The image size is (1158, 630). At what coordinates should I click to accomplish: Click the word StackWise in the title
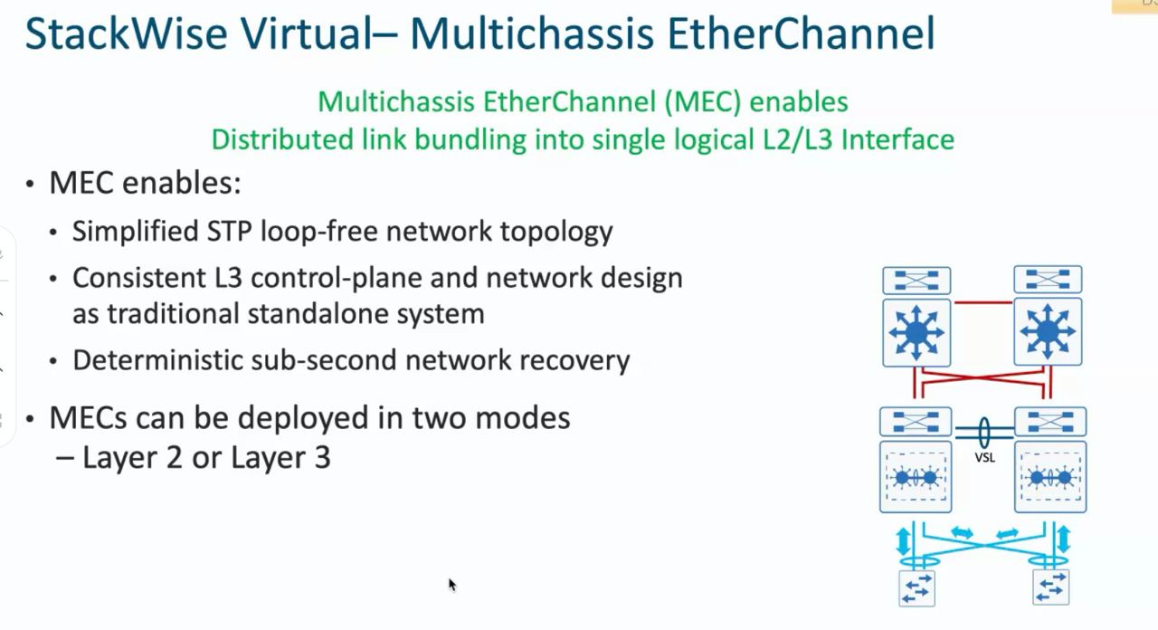pos(126,33)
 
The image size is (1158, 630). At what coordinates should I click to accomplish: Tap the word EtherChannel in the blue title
pos(801,33)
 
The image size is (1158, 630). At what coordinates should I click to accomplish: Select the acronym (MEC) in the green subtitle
pos(703,102)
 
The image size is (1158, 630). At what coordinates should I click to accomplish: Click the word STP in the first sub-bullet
pos(229,231)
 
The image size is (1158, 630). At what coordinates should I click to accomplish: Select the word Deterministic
pos(157,360)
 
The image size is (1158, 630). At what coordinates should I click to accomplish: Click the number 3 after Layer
pos(322,458)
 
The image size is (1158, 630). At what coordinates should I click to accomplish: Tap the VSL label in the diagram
pos(984,457)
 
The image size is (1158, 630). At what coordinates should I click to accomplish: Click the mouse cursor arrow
pos(452,585)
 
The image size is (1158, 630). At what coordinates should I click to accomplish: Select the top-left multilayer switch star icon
pos(916,332)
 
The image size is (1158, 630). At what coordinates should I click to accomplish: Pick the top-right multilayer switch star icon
pos(1048,331)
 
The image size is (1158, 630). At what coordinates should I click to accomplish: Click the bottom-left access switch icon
pos(916,588)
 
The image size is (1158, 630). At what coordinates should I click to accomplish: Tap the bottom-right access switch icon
pos(1051,587)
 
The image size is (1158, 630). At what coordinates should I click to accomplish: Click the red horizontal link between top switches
pos(982,302)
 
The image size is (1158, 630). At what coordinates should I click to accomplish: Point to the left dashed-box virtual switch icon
pos(916,477)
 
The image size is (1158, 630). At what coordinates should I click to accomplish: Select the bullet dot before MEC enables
pos(30,184)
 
